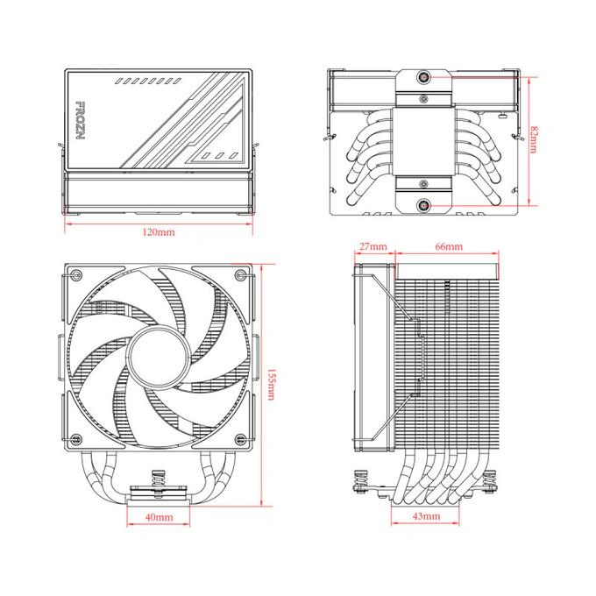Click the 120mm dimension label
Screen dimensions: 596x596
pos(159,233)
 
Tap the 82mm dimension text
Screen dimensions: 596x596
pos(534,139)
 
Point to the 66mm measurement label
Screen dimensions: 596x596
pos(448,247)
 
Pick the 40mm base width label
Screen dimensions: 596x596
pos(159,518)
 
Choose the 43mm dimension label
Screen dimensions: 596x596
pos(427,517)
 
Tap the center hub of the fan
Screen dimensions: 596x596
pos(159,359)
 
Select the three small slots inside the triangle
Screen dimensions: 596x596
pos(218,156)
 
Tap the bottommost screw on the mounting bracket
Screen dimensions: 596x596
pos(424,207)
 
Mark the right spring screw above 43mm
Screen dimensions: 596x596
pos(490,482)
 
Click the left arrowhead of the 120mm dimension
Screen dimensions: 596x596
pos(67,223)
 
